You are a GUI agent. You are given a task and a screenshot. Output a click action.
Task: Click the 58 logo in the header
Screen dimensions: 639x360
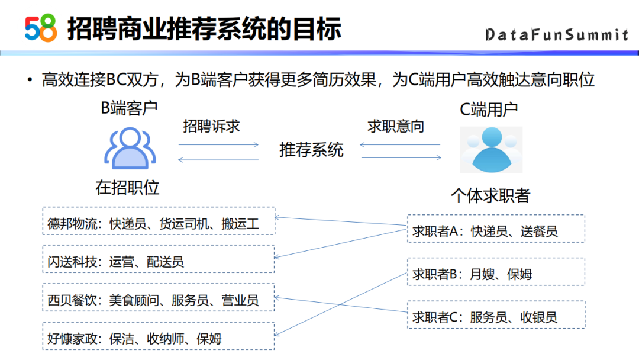point(41,28)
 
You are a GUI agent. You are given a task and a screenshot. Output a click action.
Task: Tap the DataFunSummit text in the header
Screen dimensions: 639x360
point(556,35)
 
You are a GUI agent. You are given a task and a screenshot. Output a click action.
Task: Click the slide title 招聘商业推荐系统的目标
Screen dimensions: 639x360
point(204,28)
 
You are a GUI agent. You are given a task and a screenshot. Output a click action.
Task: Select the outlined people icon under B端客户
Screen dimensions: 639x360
point(130,148)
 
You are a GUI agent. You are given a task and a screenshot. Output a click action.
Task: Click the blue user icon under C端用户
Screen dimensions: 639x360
point(491,149)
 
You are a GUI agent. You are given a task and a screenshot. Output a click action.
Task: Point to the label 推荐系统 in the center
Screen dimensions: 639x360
point(311,150)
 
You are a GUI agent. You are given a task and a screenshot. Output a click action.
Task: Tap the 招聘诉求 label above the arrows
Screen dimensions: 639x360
point(211,126)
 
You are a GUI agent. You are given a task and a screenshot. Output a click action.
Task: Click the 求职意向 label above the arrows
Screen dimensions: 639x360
point(396,126)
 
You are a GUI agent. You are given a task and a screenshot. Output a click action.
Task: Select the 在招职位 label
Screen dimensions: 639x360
point(127,188)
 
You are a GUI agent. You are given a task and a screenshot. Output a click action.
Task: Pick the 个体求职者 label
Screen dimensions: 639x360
point(490,195)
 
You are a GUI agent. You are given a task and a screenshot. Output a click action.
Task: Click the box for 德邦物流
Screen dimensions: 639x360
point(159,224)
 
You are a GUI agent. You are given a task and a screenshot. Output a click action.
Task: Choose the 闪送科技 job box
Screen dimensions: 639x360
point(159,261)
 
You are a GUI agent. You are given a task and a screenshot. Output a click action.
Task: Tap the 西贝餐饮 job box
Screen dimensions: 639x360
point(159,300)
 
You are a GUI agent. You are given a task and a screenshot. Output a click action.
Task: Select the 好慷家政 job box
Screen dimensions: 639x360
point(159,338)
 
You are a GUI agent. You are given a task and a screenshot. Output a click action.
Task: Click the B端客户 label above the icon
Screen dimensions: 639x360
point(129,109)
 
